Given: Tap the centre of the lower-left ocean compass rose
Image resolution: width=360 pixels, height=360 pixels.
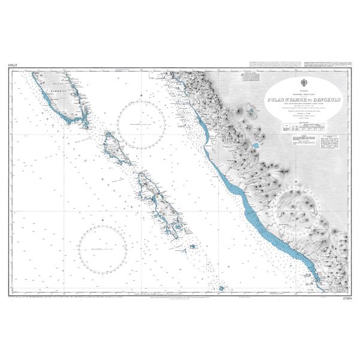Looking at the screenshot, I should [x=101, y=247].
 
